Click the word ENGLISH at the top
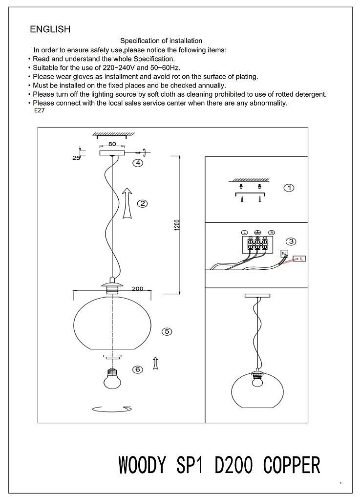[x=50, y=29]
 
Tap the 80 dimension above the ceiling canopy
[x=112, y=144]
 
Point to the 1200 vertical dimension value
[x=177, y=225]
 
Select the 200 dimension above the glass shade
[x=137, y=288]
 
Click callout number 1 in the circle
[x=289, y=188]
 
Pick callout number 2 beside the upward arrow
[x=142, y=204]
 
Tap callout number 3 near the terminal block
[x=291, y=241]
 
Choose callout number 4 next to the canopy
[x=138, y=163]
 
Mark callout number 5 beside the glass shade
[x=167, y=331]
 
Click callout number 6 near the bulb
[x=138, y=369]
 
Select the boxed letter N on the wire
[x=283, y=253]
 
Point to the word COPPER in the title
[x=292, y=465]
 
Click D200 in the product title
[x=233, y=465]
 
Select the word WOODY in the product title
[x=142, y=465]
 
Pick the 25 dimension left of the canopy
[x=76, y=158]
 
